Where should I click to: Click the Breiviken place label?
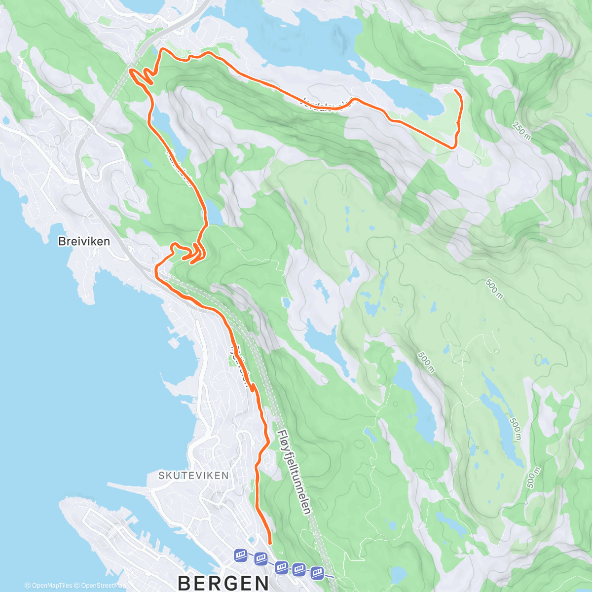coord(84,242)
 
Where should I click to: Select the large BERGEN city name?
coord(223,582)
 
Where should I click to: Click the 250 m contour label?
coord(521,130)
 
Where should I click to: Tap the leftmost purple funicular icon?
coord(240,555)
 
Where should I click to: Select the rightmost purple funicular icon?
coord(316,572)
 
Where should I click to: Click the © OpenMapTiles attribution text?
coord(48,586)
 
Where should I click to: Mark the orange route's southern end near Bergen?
coord(270,543)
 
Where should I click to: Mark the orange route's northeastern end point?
coord(455,91)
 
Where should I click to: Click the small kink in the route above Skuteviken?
coord(253,388)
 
